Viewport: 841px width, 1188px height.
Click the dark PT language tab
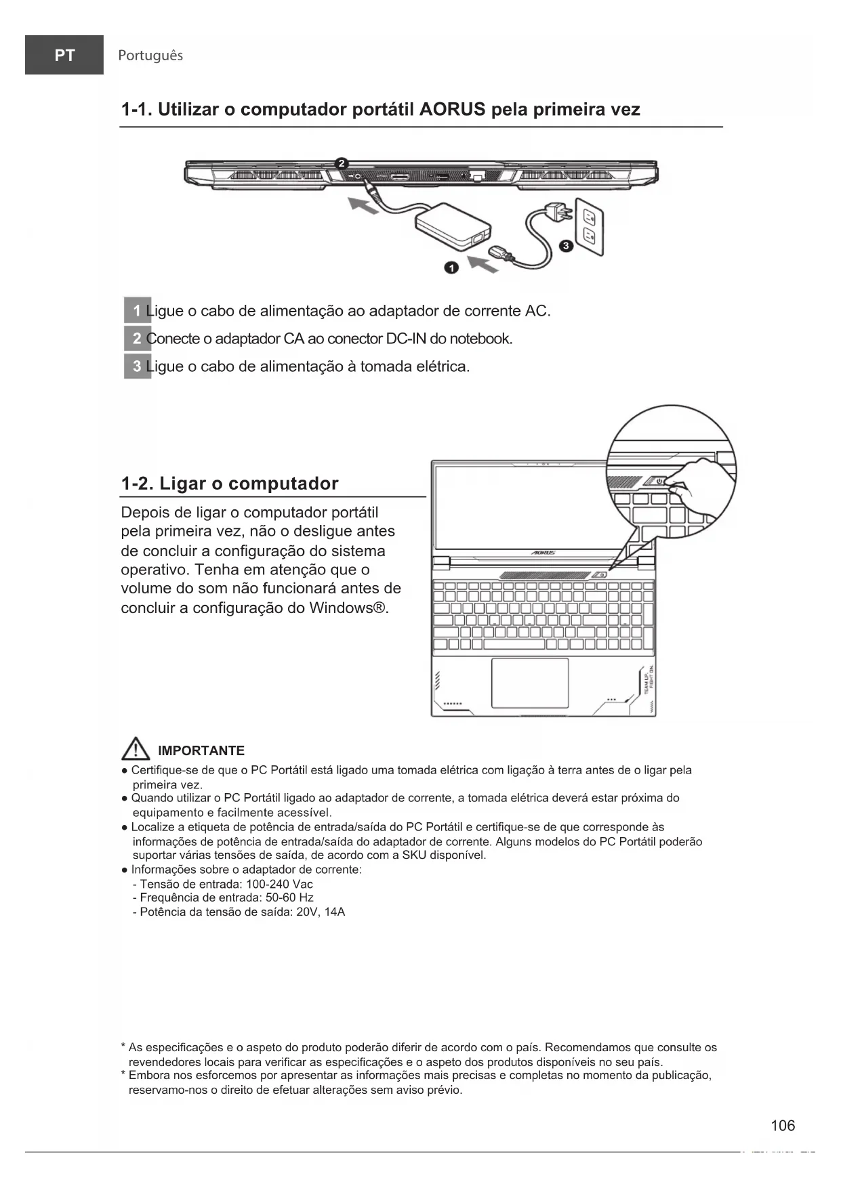[x=64, y=55]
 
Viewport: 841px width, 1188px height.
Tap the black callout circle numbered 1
[x=451, y=268]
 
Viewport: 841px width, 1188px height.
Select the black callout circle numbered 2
[x=342, y=163]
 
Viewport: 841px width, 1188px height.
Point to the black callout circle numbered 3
[x=565, y=245]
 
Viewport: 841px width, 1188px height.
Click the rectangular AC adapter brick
[x=452, y=224]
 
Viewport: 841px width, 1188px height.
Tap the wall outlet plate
[x=589, y=226]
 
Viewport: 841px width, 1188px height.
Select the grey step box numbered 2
[x=137, y=339]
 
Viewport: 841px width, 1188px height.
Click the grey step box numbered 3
[x=137, y=366]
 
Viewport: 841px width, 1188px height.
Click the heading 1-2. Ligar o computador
[x=229, y=484]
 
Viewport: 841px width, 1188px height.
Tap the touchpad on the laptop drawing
[x=530, y=683]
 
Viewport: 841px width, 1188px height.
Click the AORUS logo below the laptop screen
[x=543, y=553]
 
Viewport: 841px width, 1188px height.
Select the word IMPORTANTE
[x=201, y=750]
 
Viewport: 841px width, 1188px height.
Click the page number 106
[x=783, y=1126]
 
